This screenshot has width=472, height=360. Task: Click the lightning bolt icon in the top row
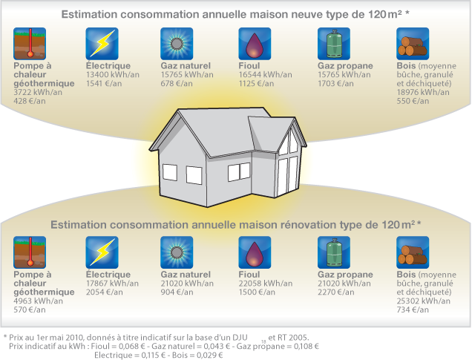(102, 44)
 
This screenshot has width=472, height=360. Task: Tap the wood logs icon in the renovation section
(413, 252)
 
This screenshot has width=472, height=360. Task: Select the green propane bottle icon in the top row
(334, 44)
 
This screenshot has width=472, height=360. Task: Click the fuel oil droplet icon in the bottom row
(255, 252)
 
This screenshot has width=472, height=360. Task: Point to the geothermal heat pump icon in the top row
(30, 44)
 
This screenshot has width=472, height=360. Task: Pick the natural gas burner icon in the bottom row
(177, 252)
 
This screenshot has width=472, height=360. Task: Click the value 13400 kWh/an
(113, 75)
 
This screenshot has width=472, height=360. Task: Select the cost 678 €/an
(177, 83)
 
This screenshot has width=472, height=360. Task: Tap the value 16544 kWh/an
(265, 75)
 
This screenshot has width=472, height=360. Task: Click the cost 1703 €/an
(335, 83)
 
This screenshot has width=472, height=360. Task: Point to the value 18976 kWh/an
(423, 92)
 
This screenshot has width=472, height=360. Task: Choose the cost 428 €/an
(30, 101)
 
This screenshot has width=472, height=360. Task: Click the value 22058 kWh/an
(266, 284)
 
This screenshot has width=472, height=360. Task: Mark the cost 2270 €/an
(336, 292)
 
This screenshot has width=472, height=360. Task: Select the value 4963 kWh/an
(39, 301)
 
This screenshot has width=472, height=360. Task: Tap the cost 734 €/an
(413, 310)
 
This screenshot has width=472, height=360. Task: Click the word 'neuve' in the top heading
(307, 14)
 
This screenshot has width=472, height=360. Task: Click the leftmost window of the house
(170, 172)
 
